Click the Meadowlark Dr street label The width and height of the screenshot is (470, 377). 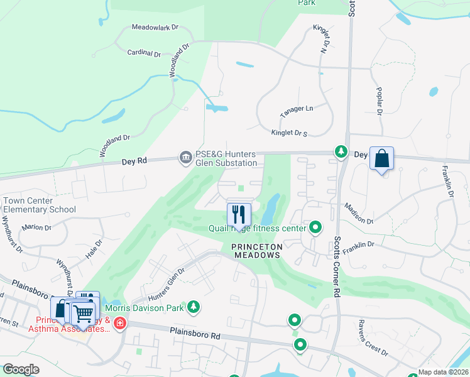[155, 28]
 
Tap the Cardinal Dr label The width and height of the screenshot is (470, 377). [144, 53]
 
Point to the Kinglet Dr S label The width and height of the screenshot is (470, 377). [288, 133]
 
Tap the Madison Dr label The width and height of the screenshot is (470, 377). [358, 213]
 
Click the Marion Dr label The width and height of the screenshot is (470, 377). [36, 227]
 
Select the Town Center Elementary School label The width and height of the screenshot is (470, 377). [40, 205]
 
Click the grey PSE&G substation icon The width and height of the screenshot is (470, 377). [185, 156]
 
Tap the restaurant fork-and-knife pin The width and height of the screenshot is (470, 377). [239, 214]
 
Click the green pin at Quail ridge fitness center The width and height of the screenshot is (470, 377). [315, 227]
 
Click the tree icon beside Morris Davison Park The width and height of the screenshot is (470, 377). [195, 307]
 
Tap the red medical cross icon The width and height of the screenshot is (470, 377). [119, 323]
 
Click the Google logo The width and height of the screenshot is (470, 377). [21, 369]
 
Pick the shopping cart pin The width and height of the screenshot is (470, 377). [82, 314]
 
